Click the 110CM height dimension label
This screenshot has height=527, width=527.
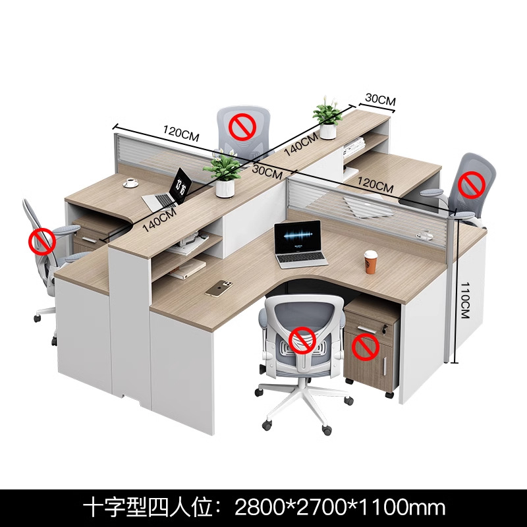pos(465,300)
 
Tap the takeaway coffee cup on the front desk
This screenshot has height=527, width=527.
pos(370,262)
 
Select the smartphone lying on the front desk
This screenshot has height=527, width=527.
pos(219,288)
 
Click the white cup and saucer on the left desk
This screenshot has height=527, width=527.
pos(130,183)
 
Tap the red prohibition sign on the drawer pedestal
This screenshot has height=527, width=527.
pos(366,347)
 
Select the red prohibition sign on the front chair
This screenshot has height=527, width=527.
pos(302,340)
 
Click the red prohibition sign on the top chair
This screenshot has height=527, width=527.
pos(242,127)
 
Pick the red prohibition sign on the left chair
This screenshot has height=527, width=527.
pos(42,240)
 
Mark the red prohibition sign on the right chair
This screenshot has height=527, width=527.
pos(472,185)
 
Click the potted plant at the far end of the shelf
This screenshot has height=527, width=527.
pos(327,118)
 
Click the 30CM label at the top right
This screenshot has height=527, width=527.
pos(381,99)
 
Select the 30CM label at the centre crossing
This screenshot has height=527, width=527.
pos(267,172)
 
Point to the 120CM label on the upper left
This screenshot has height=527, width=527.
pos(181,133)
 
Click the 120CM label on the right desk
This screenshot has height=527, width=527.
pos(375,185)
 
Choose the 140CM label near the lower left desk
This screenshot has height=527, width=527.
pos(160,219)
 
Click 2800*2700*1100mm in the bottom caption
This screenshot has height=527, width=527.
pos(339,507)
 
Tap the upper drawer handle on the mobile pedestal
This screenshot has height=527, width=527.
pos(366,329)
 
